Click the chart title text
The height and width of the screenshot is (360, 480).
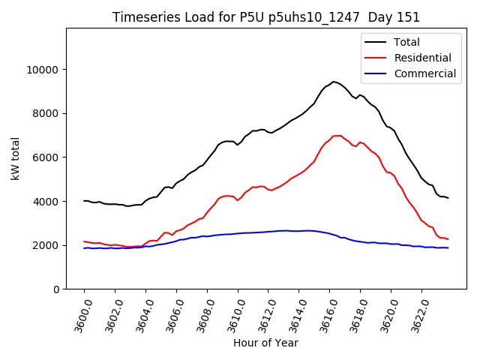(266, 17)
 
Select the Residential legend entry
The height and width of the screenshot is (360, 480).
(424, 58)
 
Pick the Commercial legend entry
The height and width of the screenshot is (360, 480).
(425, 73)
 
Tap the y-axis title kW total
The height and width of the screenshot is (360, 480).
(16, 159)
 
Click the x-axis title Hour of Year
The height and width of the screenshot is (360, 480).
(265, 343)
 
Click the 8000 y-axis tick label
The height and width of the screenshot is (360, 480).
(47, 113)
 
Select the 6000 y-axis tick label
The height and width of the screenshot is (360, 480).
(47, 157)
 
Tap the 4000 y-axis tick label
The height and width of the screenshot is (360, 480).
(47, 201)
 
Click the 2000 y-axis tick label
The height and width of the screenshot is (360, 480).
(47, 245)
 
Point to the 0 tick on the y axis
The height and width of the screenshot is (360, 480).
(56, 289)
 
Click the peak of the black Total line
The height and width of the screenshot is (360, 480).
(333, 81)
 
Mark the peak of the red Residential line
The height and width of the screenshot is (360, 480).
(337, 136)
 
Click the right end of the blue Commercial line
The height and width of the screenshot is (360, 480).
(448, 247)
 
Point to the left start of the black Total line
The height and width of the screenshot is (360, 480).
(84, 201)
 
